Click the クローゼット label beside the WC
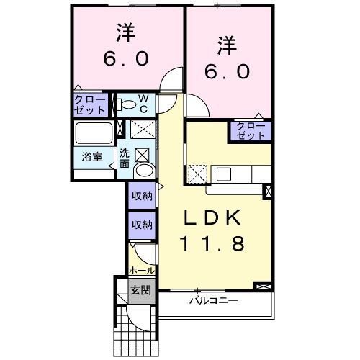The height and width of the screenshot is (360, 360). coord(90,104)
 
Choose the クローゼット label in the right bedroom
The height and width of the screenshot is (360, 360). coord(251,130)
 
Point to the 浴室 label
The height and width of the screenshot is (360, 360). coord(91,156)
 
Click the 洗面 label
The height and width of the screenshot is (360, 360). coord(125,158)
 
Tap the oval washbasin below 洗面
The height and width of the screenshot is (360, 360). coord(144,171)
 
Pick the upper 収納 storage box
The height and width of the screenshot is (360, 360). coord(142,196)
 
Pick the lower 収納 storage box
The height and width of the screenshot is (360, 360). coord(142,225)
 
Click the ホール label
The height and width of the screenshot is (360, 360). coord(141,271)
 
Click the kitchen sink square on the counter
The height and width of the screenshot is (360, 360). coord(223,174)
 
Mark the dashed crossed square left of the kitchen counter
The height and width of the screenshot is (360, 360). coord(197,174)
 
